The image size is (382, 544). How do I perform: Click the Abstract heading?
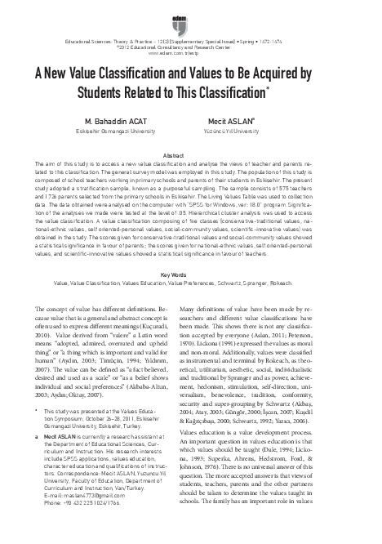pyautogui.click(x=190, y=154)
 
